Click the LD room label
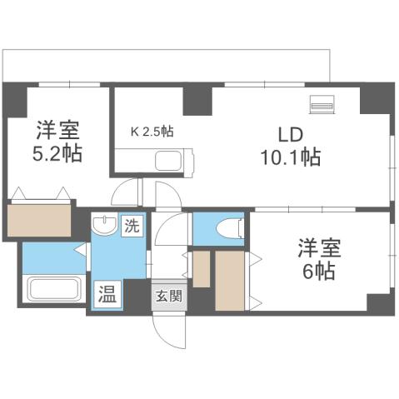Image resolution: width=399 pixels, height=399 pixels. (x=290, y=134)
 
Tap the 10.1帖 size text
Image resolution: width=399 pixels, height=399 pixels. (x=290, y=156)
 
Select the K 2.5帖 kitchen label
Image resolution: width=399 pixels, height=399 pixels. (x=152, y=131)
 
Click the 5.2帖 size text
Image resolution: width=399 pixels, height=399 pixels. (x=57, y=154)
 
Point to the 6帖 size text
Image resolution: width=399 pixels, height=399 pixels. (x=317, y=272)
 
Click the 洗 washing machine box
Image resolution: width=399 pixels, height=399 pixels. (x=132, y=224)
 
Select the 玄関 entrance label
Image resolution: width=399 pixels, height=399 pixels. (x=162, y=296)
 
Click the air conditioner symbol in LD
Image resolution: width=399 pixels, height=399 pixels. (x=322, y=106)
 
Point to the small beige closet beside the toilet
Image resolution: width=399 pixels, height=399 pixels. (x=202, y=268)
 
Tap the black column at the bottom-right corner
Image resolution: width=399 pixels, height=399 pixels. (x=377, y=304)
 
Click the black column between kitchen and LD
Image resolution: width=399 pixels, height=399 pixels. (x=197, y=99)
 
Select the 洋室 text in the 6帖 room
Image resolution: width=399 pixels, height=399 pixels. (x=317, y=249)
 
